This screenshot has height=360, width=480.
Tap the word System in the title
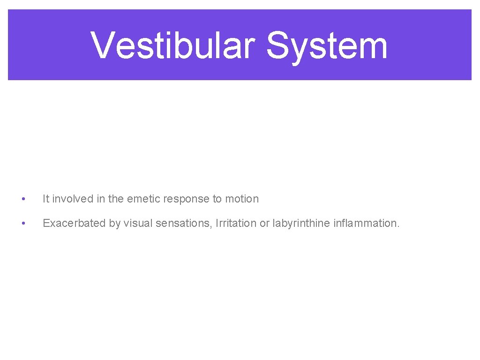click(x=326, y=46)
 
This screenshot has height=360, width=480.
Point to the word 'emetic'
click(x=144, y=199)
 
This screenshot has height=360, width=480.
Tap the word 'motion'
click(x=242, y=199)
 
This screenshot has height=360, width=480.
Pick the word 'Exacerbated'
click(x=75, y=223)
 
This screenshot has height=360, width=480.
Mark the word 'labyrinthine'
click(x=301, y=223)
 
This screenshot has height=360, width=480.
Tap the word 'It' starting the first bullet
click(x=46, y=199)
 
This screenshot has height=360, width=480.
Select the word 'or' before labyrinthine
click(x=265, y=223)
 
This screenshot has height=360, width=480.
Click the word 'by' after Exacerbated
click(x=115, y=223)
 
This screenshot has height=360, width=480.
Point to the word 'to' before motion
click(x=217, y=199)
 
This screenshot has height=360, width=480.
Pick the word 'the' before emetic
click(x=116, y=199)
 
